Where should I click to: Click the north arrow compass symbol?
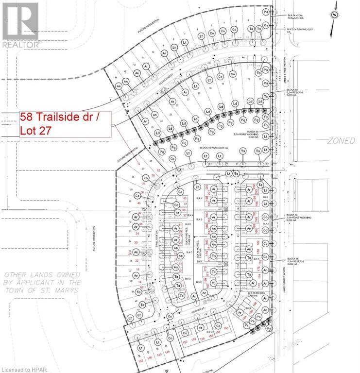(336, 15)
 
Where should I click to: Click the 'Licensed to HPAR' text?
(24, 368)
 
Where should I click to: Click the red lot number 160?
(225, 328)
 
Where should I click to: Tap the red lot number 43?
(185, 198)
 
